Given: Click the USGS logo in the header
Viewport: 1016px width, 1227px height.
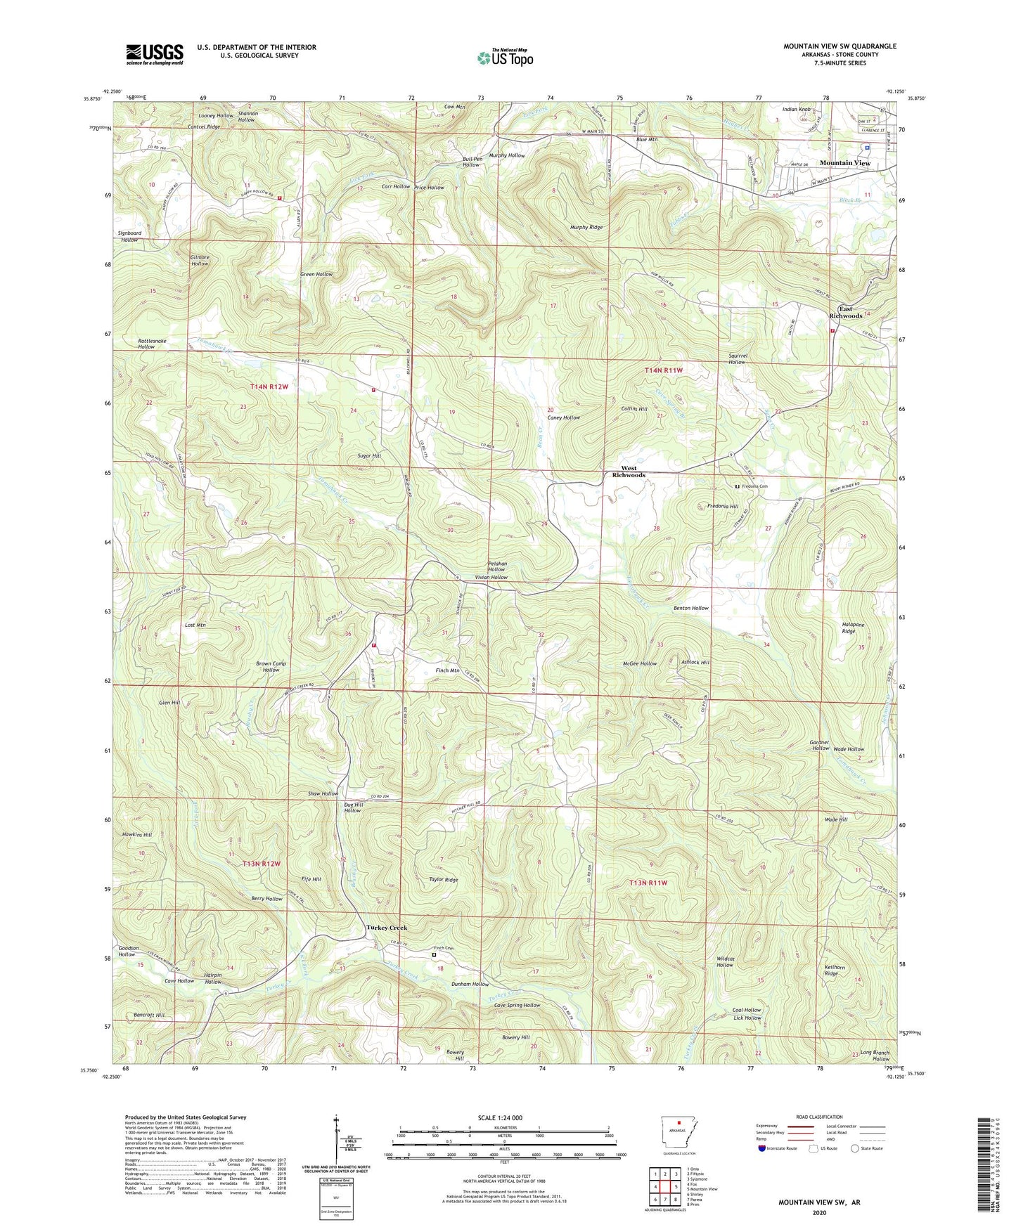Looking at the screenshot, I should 155,54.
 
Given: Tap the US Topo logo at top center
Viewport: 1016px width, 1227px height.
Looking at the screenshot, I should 504,57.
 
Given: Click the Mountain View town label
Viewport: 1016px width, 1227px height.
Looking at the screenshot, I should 844,163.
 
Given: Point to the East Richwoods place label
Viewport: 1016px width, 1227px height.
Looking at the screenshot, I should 845,312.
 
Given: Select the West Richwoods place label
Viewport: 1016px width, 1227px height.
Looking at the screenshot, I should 628,471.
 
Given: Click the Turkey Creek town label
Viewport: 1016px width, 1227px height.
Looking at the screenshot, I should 386,928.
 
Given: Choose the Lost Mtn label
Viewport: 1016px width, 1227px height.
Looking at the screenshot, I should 195,625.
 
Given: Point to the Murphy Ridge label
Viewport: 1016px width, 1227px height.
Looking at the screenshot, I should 586,228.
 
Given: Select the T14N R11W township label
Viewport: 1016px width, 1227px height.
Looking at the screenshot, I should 663,370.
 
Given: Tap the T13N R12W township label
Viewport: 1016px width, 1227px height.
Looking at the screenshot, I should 261,863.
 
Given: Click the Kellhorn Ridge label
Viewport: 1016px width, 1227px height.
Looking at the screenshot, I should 832,970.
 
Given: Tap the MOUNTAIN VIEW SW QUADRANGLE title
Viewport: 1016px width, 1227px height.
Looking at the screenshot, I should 840,46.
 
